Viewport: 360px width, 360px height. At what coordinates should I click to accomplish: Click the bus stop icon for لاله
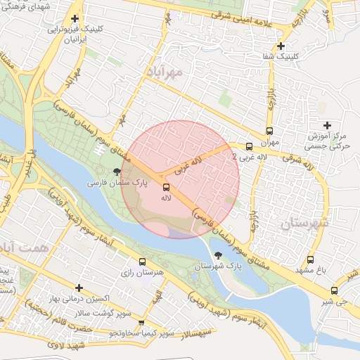(x=167, y=187)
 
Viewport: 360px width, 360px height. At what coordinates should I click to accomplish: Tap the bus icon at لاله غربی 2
(x=250, y=146)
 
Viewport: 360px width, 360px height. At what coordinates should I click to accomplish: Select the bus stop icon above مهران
(x=270, y=131)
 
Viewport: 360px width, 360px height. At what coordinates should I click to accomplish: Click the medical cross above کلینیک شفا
(x=281, y=46)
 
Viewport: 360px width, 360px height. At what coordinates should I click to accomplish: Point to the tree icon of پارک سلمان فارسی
(x=117, y=171)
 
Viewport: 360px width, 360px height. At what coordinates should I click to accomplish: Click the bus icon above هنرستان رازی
(x=143, y=262)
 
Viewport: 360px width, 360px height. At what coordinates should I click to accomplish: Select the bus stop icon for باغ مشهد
(x=311, y=260)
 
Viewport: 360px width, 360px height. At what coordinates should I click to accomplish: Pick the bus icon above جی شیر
(x=333, y=290)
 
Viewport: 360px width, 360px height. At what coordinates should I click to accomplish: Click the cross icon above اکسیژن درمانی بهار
(x=79, y=288)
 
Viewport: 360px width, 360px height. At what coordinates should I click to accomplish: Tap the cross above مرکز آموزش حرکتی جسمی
(x=327, y=125)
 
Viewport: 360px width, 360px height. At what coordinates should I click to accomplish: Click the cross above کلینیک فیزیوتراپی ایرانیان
(x=75, y=19)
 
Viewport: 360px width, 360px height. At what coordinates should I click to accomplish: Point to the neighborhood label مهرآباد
(x=165, y=72)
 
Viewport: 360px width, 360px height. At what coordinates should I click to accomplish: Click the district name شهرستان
(x=304, y=223)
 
